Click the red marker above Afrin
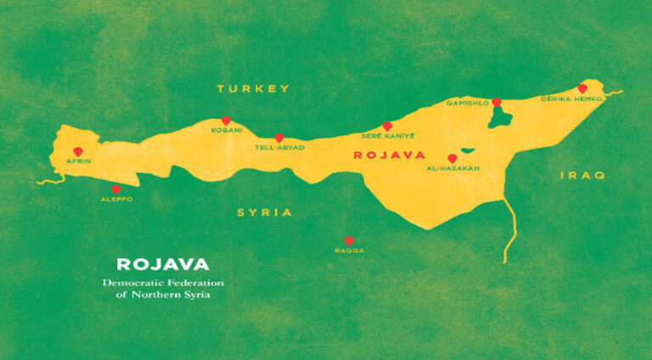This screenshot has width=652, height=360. [78, 151]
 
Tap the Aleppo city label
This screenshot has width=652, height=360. [116, 200]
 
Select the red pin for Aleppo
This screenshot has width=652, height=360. [116, 189]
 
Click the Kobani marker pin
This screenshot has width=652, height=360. [226, 121]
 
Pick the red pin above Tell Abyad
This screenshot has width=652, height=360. [278, 137]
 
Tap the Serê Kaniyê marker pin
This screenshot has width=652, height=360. [387, 126]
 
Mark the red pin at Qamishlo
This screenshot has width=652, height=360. [497, 102]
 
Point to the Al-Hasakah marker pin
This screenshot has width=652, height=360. [452, 158]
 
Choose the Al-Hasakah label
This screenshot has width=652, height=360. [452, 169]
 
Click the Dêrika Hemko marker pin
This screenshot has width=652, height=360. [582, 88]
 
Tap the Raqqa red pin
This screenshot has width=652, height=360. [348, 240]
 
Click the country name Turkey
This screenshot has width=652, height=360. [253, 88]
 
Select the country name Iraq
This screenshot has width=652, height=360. [582, 175]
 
